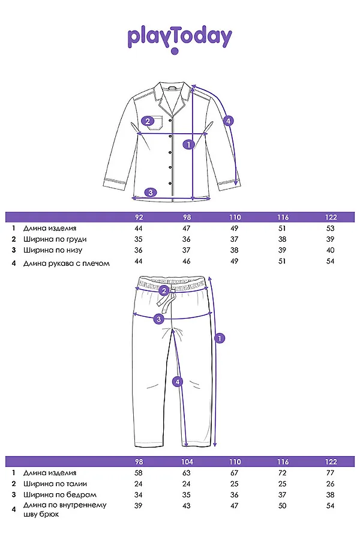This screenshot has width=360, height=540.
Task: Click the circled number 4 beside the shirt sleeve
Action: point(228,121)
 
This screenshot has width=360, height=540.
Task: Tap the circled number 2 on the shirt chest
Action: point(146,121)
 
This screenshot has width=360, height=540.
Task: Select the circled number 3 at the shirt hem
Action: point(151,193)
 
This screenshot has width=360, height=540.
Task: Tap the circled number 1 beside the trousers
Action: point(220,338)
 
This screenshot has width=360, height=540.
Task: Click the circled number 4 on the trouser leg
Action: point(177,381)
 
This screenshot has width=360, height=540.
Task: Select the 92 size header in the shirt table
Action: point(139,217)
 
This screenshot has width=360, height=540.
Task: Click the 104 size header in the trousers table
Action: point(186,462)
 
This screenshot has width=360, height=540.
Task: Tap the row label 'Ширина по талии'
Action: point(51,484)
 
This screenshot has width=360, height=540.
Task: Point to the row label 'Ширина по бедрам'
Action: point(51,494)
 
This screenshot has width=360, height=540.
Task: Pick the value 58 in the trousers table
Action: point(139,473)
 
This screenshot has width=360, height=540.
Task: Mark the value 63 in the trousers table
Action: point(186,473)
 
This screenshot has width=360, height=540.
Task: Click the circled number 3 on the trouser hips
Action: point(158,319)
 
